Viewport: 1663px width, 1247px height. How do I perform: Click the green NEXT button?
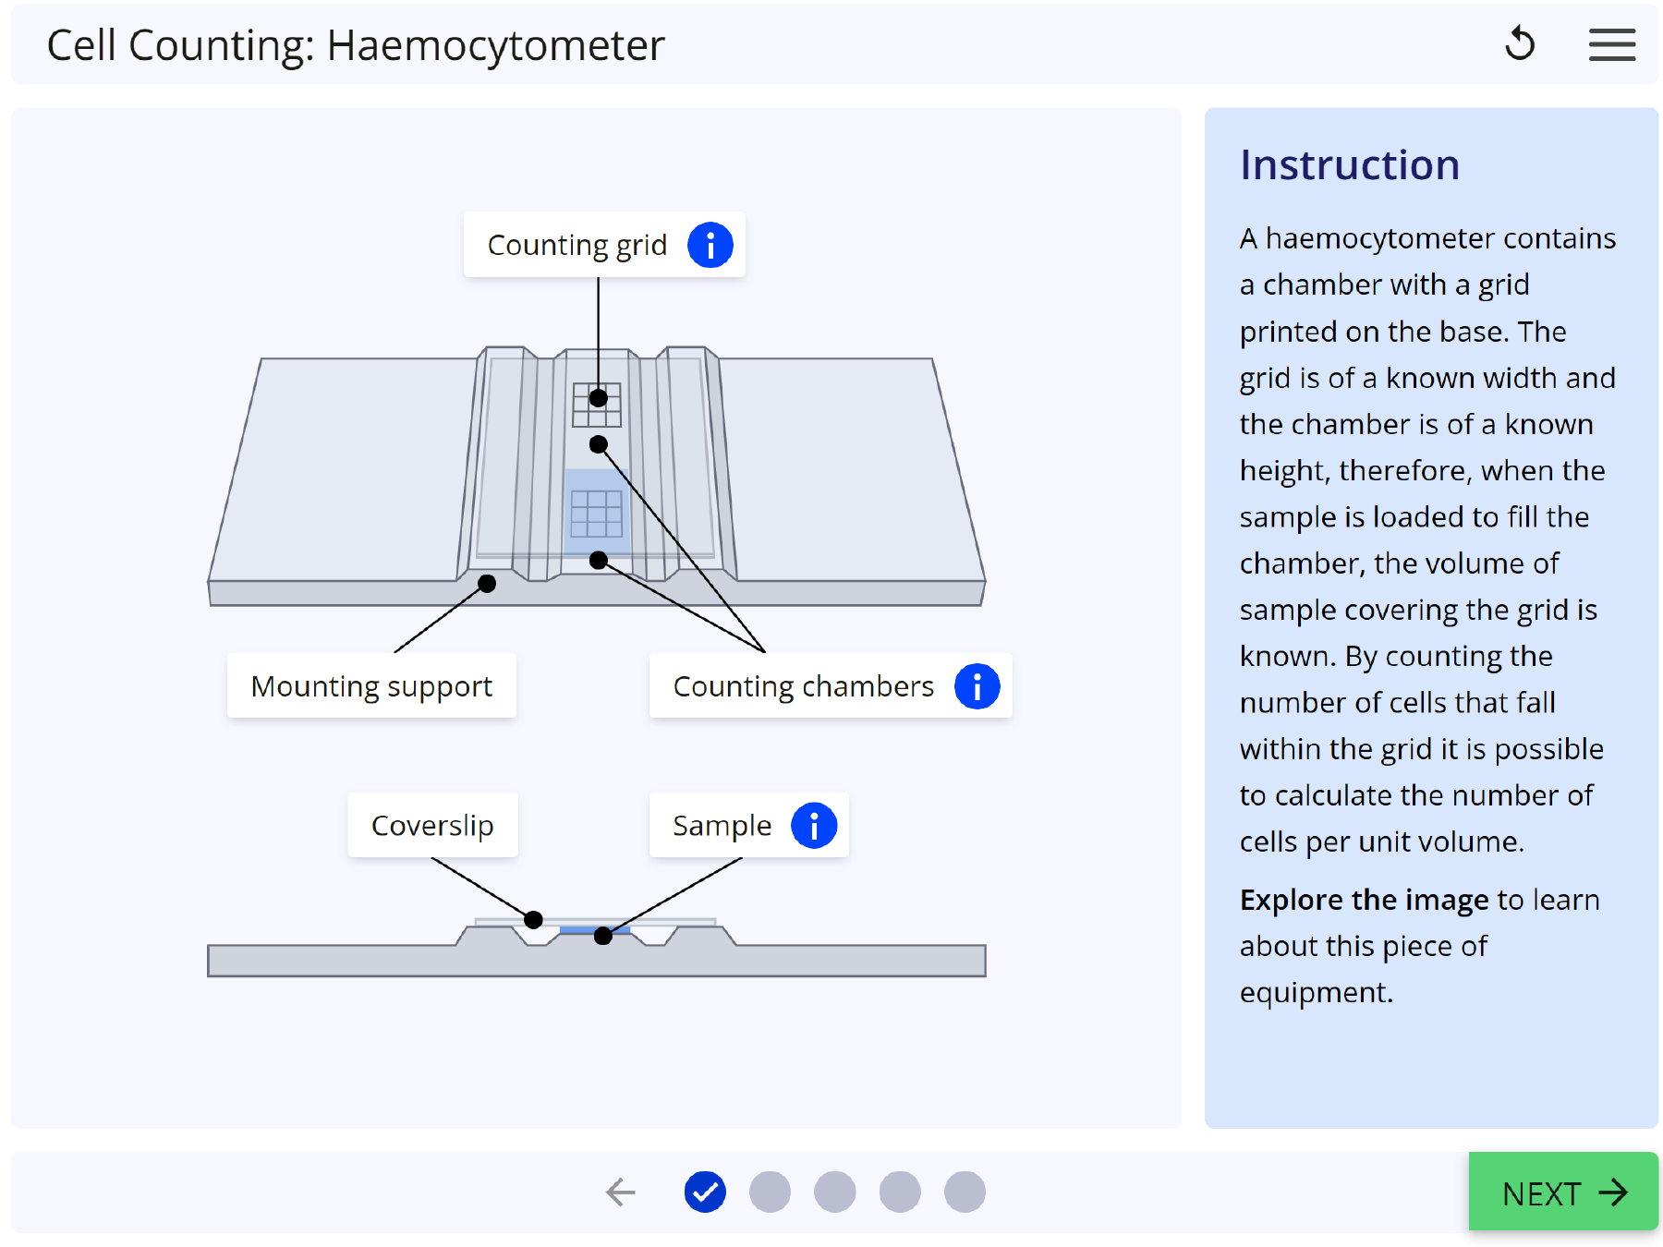pos(1563,1192)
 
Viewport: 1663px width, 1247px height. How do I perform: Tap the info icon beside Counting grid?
pos(710,245)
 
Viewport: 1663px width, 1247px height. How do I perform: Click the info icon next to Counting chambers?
pos(977,686)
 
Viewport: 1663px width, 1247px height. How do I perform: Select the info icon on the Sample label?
pos(813,825)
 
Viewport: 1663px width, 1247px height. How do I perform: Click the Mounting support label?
pos(371,686)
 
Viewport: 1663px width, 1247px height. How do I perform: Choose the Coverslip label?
pos(432,825)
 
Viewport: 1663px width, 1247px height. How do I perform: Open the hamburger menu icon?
pos(1611,44)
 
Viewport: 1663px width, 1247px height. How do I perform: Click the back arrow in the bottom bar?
pos(621,1192)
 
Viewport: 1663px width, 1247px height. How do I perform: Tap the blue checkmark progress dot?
pos(705,1192)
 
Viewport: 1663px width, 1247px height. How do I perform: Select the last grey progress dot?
pos(965,1192)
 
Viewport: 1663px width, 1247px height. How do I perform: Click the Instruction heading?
pos(1349,165)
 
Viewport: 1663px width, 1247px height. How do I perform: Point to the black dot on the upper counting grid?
pos(599,398)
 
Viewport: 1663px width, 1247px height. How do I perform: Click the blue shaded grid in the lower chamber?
pos(596,514)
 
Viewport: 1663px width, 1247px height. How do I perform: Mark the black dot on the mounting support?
pos(487,583)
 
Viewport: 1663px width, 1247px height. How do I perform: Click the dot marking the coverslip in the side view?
pos(533,920)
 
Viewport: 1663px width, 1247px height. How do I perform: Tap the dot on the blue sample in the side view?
pos(603,936)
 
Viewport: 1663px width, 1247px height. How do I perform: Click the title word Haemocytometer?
pos(495,45)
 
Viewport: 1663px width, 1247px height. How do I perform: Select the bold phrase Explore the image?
pos(1364,900)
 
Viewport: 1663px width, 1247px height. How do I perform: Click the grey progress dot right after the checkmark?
pos(770,1192)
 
